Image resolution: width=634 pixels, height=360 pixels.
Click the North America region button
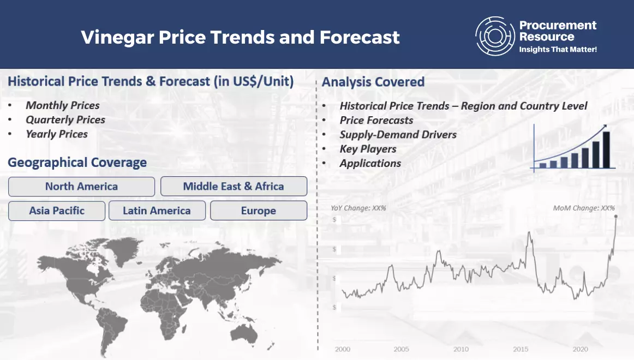pyautogui.click(x=81, y=187)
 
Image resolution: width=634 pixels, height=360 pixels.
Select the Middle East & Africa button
pyautogui.click(x=234, y=186)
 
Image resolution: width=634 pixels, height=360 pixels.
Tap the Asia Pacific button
pyautogui.click(x=57, y=211)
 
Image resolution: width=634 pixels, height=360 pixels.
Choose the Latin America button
pyautogui.click(x=157, y=211)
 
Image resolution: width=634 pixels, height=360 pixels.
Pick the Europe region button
pyautogui.click(x=259, y=211)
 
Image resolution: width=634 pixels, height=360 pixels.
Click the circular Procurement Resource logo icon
pyautogui.click(x=495, y=36)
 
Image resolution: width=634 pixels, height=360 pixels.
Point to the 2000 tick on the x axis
pyautogui.click(x=343, y=349)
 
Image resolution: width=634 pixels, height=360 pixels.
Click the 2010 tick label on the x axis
pyautogui.click(x=461, y=349)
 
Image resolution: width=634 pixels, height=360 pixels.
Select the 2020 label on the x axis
pyautogui.click(x=580, y=349)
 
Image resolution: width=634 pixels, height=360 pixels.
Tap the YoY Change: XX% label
pyautogui.click(x=358, y=208)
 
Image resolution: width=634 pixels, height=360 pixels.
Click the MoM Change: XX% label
pyautogui.click(x=584, y=208)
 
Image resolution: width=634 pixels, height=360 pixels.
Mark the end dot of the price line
pyautogui.click(x=616, y=217)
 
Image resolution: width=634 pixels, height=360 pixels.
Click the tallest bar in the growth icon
pyautogui.click(x=606, y=149)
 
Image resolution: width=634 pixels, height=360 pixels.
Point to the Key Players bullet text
pyautogui.click(x=368, y=149)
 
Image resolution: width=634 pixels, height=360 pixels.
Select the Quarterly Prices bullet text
pyautogui.click(x=65, y=120)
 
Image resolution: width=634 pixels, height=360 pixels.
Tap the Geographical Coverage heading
pyautogui.click(x=77, y=163)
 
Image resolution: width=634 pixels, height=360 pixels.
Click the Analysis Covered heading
pyautogui.click(x=373, y=82)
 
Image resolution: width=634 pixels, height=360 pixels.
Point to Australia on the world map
pyautogui.click(x=244, y=334)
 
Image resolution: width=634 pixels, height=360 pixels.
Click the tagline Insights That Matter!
pyautogui.click(x=558, y=49)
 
